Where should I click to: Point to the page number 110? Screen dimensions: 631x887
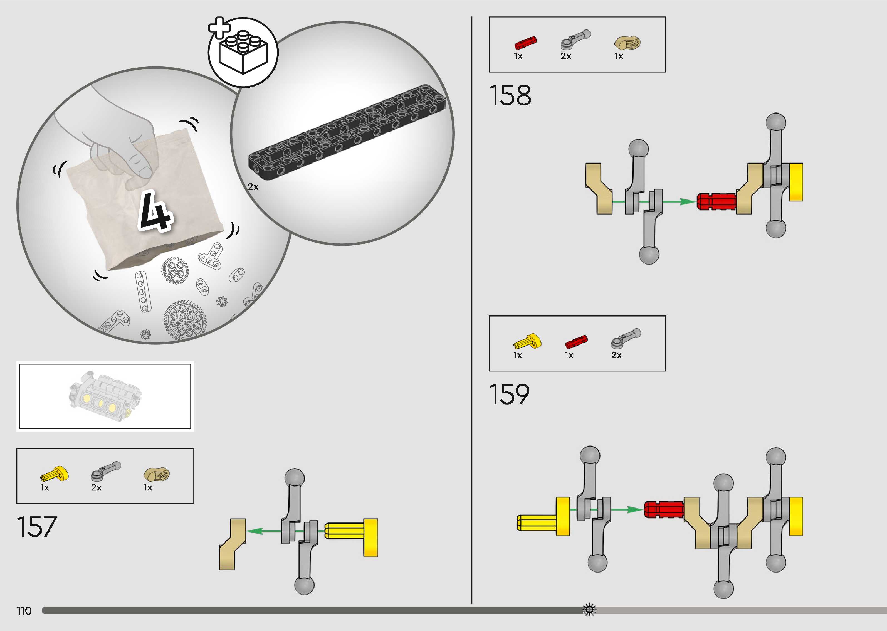(24, 611)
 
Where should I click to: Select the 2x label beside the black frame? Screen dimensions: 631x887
(253, 187)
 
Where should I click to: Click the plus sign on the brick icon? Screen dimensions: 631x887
(219, 28)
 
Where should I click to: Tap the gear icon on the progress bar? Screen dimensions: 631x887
(589, 609)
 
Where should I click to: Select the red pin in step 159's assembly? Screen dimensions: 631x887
(664, 509)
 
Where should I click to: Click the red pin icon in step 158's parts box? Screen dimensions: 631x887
(525, 42)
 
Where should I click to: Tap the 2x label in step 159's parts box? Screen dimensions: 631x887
(616, 355)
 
